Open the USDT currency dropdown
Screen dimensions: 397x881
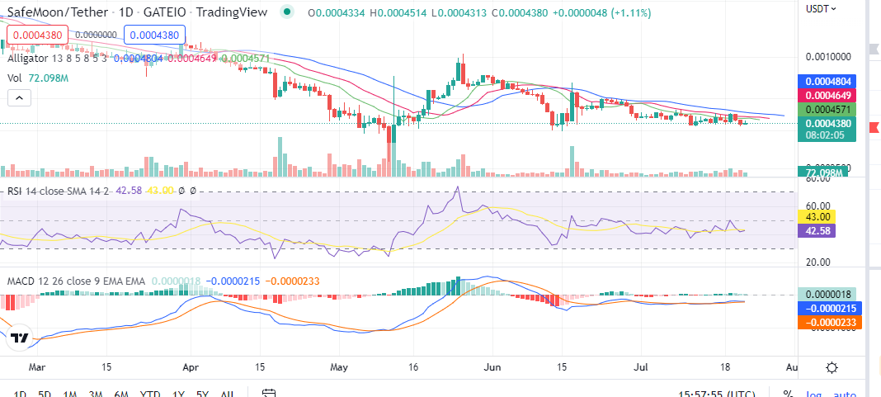pos(821,8)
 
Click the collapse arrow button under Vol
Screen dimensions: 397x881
pos(18,97)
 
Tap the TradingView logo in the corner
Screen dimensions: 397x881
pos(20,338)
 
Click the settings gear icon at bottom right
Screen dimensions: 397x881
pos(832,368)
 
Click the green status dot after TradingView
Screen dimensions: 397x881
pos(286,12)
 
